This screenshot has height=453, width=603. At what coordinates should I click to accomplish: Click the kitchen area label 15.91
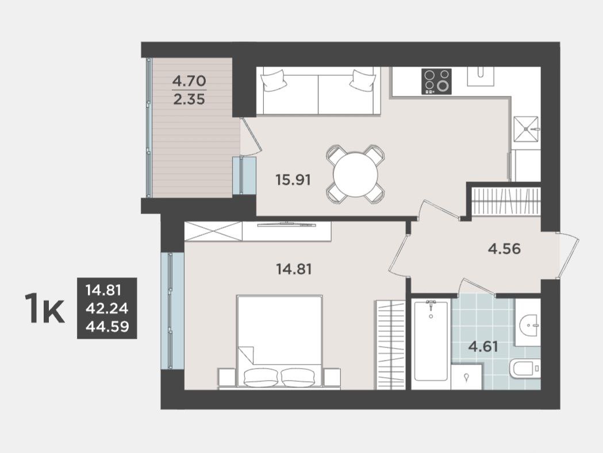[x=293, y=180]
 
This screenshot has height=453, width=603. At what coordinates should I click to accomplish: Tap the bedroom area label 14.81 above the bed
[x=294, y=269]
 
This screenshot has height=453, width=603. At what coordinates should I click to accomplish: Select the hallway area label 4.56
[x=504, y=249]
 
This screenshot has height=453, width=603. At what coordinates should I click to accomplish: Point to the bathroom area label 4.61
[x=483, y=347]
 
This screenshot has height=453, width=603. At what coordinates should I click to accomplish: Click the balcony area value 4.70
[x=189, y=81]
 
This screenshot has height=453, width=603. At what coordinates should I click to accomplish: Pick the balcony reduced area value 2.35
[x=189, y=99]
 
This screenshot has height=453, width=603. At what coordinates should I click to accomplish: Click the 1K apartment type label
[x=44, y=308]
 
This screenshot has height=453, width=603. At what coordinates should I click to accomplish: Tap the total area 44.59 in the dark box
[x=107, y=327]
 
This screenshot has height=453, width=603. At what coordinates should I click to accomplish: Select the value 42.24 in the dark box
[x=107, y=308]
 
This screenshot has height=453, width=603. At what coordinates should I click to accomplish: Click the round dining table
[x=356, y=175]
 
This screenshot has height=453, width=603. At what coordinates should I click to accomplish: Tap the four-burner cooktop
[x=436, y=82]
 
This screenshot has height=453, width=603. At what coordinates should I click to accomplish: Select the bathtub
[x=431, y=340]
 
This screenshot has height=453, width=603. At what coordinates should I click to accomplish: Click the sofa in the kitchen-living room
[x=318, y=91]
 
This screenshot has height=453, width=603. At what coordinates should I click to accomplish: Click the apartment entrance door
[x=569, y=255]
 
